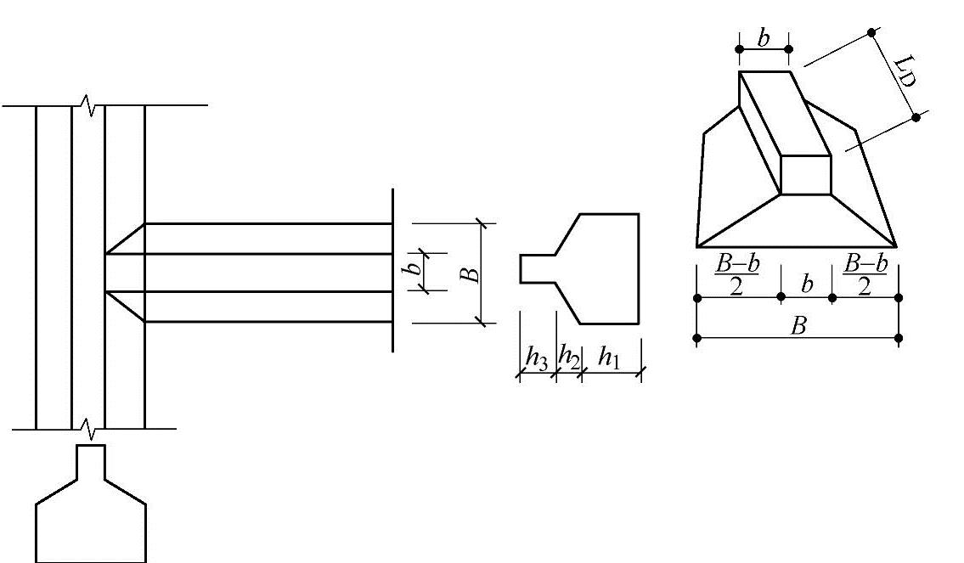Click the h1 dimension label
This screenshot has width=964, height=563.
pos(608,358)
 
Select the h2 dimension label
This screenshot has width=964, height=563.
pos(568,358)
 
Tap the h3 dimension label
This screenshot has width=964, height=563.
pos(536,358)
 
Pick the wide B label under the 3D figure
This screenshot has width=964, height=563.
pos(797,326)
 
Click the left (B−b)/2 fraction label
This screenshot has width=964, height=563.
pos(736,275)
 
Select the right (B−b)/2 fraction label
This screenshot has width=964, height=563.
pos(865,275)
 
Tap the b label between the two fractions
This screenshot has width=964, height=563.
pos(806,283)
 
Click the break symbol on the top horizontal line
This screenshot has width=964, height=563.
pos(87,104)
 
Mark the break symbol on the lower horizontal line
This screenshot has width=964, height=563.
pos(87,429)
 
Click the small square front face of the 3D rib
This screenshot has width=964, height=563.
pos(805,175)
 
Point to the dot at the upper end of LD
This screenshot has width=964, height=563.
pos(871,33)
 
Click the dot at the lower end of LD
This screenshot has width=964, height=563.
pos(916,117)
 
